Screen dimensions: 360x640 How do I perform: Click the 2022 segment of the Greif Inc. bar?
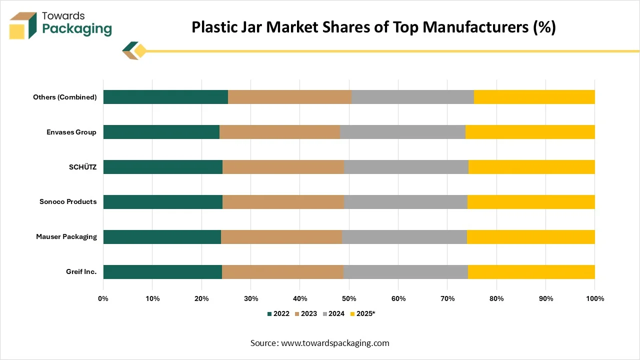pyautogui.click(x=162, y=272)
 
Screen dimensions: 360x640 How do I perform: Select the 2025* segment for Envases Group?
pyautogui.click(x=530, y=132)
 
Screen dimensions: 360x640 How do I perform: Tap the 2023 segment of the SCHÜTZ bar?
pyautogui.click(x=283, y=167)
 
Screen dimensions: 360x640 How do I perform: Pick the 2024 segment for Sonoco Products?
pyautogui.click(x=405, y=202)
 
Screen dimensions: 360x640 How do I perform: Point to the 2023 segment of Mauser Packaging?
pyautogui.click(x=281, y=237)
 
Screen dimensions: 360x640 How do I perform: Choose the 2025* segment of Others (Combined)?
pyautogui.click(x=534, y=97)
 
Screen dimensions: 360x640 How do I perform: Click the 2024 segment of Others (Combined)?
pyautogui.click(x=412, y=97)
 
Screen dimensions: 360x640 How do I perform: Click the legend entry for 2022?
pyautogui.click(x=278, y=314)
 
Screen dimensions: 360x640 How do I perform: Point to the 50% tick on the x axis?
pyautogui.click(x=349, y=298)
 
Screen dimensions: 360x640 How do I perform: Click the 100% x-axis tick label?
pyautogui.click(x=594, y=298)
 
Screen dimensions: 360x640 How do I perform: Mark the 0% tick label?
pyautogui.click(x=103, y=298)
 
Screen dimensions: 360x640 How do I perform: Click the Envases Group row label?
pyautogui.click(x=71, y=132)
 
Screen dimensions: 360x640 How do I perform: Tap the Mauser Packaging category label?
pyautogui.click(x=66, y=237)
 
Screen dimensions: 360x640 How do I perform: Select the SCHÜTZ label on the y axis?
pyautogui.click(x=82, y=167)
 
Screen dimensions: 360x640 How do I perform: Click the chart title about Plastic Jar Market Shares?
pyautogui.click(x=373, y=27)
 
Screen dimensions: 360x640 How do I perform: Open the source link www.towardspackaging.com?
pyautogui.click(x=335, y=343)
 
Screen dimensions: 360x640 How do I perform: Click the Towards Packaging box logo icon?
pyautogui.click(x=23, y=26)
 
